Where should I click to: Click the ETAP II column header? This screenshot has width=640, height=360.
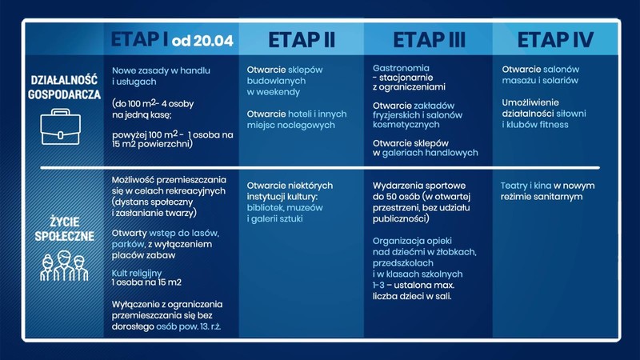tap(301, 40)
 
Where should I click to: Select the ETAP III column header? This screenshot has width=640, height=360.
tap(429, 40)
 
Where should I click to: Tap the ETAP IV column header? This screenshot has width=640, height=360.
tap(554, 40)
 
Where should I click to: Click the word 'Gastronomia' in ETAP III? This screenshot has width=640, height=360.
tap(401, 69)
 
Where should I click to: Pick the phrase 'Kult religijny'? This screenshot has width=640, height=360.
tap(137, 273)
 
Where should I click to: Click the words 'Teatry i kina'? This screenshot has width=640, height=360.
tap(526, 186)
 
